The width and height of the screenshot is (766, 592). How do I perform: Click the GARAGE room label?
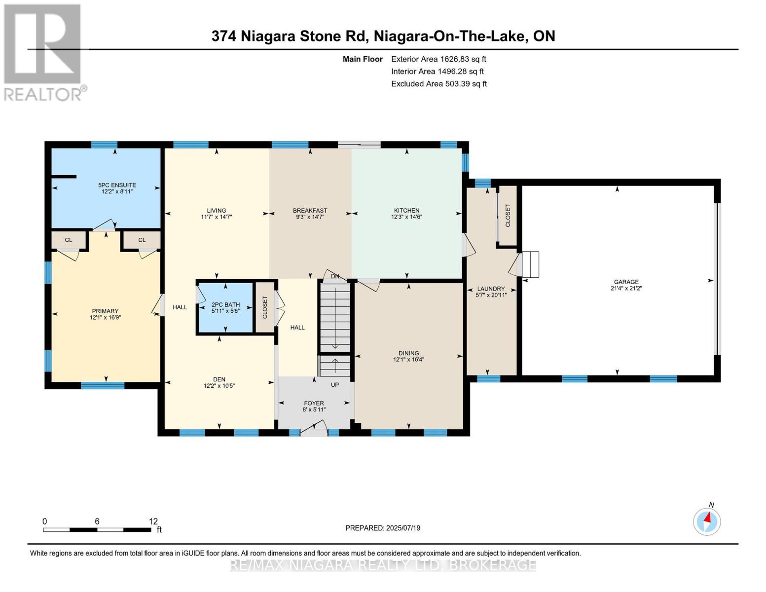pyautogui.click(x=626, y=282)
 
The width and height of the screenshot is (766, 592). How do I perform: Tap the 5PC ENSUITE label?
pyautogui.click(x=117, y=185)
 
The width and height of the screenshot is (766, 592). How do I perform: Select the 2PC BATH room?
pyautogui.click(x=225, y=308)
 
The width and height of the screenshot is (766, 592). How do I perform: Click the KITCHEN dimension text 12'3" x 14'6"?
pyautogui.click(x=406, y=217)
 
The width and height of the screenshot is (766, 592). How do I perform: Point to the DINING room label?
pyautogui.click(x=408, y=353)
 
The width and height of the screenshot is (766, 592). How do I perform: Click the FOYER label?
pyautogui.click(x=314, y=403)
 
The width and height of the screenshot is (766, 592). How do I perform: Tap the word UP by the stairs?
pyautogui.click(x=335, y=385)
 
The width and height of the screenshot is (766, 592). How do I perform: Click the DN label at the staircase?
pyautogui.click(x=335, y=276)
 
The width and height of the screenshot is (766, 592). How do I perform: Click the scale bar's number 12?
pyautogui.click(x=153, y=521)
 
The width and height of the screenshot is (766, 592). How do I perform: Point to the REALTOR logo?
pyautogui.click(x=43, y=52)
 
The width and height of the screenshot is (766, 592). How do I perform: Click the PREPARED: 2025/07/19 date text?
pyautogui.click(x=383, y=528)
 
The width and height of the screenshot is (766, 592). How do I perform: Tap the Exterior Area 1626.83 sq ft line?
pyautogui.click(x=438, y=59)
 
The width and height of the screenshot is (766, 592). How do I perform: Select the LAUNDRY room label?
pyautogui.click(x=491, y=289)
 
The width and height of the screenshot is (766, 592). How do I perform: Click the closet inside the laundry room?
pyautogui.click(x=508, y=216)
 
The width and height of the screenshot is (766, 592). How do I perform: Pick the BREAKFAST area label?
pyautogui.click(x=310, y=211)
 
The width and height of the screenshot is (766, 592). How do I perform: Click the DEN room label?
pyautogui.click(x=219, y=379)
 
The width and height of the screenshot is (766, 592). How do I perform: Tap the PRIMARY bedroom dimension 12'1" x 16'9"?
pyautogui.click(x=105, y=317)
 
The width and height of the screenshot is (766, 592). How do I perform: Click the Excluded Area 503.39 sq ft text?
pyautogui.click(x=439, y=84)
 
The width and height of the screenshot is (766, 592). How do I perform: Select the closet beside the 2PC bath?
pyautogui.click(x=265, y=307)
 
